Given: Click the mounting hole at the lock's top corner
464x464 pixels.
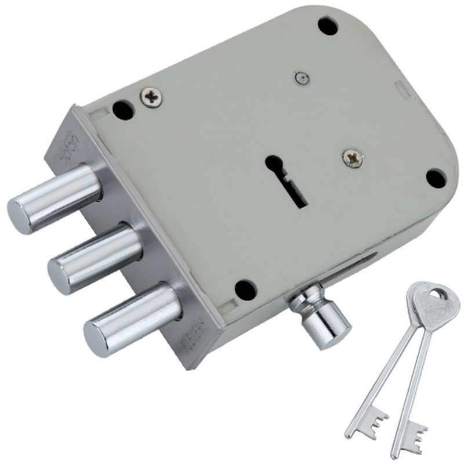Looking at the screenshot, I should tap(328, 26).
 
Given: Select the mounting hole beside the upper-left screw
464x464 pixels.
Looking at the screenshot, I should tap(124, 109).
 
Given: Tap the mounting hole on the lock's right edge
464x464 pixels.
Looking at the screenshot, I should tap(436, 178).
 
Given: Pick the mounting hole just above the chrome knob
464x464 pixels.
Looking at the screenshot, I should tap(245, 288).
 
